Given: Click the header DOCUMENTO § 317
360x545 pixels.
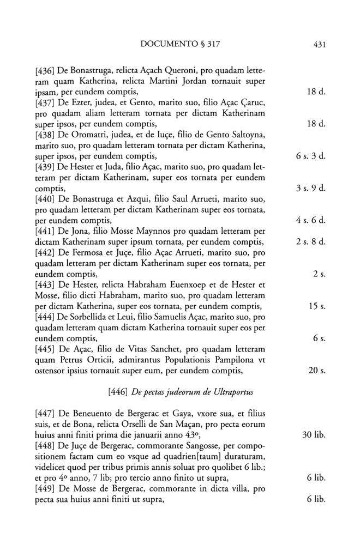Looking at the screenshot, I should (181, 44).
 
